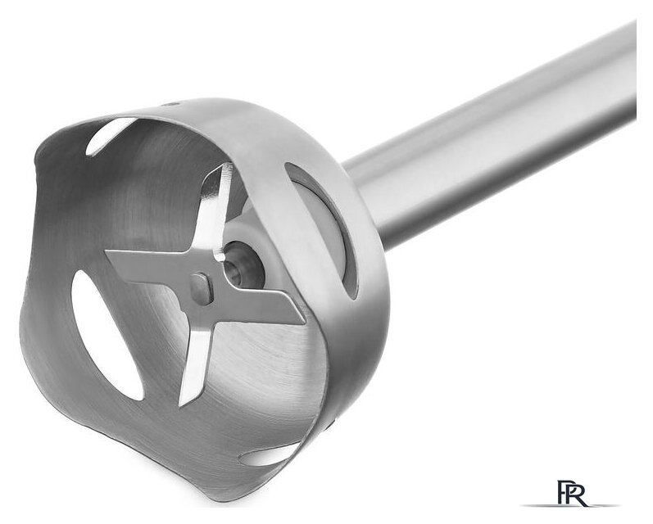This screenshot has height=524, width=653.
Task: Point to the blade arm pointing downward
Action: (x=195, y=354)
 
